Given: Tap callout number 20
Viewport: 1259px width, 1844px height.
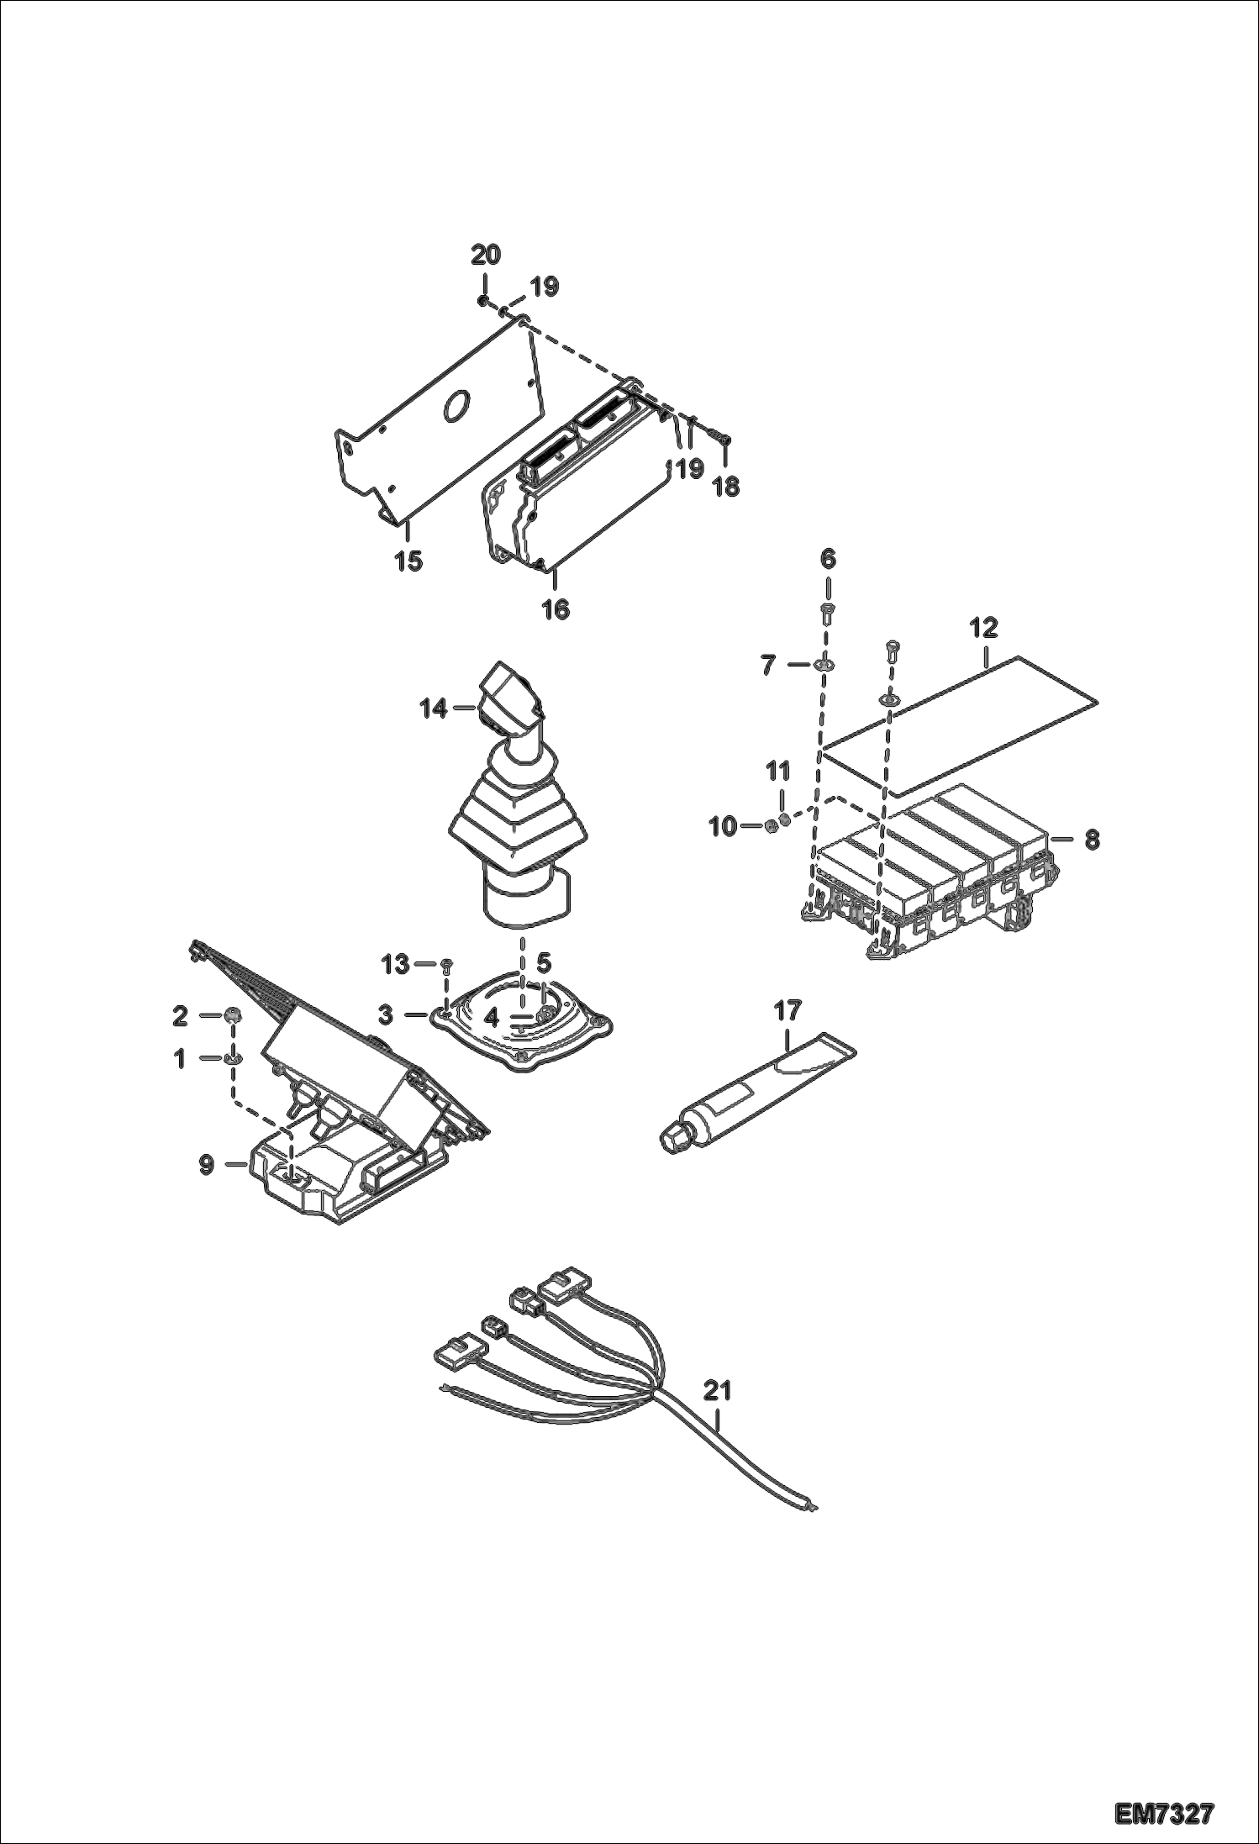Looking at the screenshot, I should tap(485, 255).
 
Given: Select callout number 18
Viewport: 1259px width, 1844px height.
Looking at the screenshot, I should tap(727, 487).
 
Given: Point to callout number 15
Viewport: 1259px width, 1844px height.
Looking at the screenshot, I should tap(409, 561).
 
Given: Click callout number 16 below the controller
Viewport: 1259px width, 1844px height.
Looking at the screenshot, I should tap(556, 609).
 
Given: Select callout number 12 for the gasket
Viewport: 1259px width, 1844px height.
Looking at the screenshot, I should tap(984, 627).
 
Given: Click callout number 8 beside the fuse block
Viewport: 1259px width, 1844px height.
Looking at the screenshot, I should tap(1091, 840).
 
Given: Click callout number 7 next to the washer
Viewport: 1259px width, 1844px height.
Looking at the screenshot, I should tap(768, 665).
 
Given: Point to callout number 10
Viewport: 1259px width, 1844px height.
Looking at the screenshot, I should tap(722, 827).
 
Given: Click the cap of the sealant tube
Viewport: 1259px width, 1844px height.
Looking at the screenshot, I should tap(674, 1141).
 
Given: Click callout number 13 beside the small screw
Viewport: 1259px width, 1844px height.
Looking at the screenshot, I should tap(396, 964).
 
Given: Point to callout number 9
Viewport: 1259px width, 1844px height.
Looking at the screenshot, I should tap(207, 1165).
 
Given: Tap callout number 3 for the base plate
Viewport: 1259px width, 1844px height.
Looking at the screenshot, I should tap(386, 1015).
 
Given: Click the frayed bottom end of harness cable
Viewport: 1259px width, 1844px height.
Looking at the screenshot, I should tap(812, 1504).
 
